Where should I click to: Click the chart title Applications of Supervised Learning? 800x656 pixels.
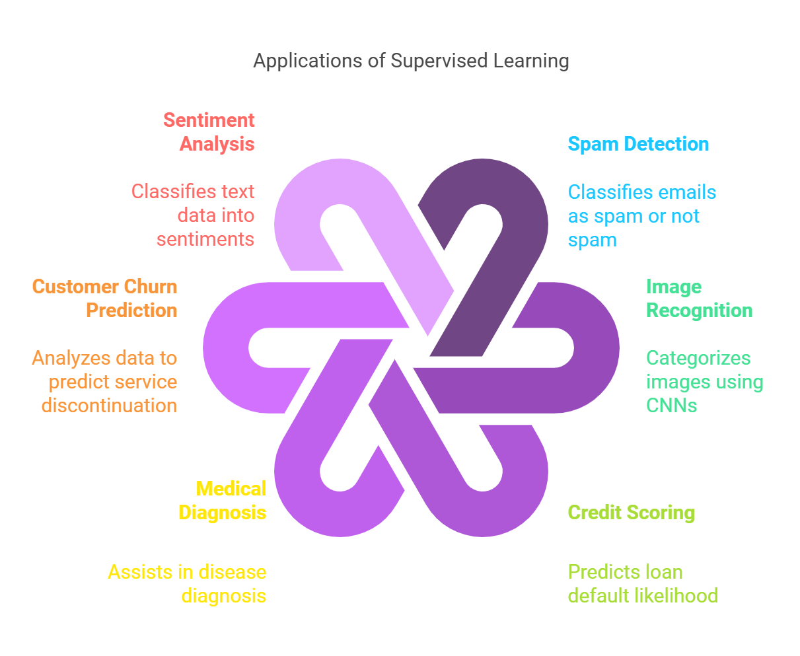tap(411, 61)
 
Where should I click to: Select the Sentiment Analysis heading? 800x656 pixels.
tap(209, 132)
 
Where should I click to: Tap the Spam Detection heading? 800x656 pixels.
tap(638, 144)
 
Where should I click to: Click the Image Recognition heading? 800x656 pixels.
tap(699, 299)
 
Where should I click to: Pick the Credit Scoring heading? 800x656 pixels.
tap(631, 513)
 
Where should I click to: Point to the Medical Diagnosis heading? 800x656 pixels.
tap(223, 501)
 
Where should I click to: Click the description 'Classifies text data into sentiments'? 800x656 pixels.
tap(198, 215)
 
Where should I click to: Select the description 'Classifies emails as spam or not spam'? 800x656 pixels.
tap(641, 216)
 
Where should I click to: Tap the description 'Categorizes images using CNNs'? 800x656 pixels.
tap(704, 382)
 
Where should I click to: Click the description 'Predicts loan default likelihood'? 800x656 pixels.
tap(642, 584)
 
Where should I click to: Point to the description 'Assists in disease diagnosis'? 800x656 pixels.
tap(188, 584)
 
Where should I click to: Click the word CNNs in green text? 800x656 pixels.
tap(671, 406)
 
